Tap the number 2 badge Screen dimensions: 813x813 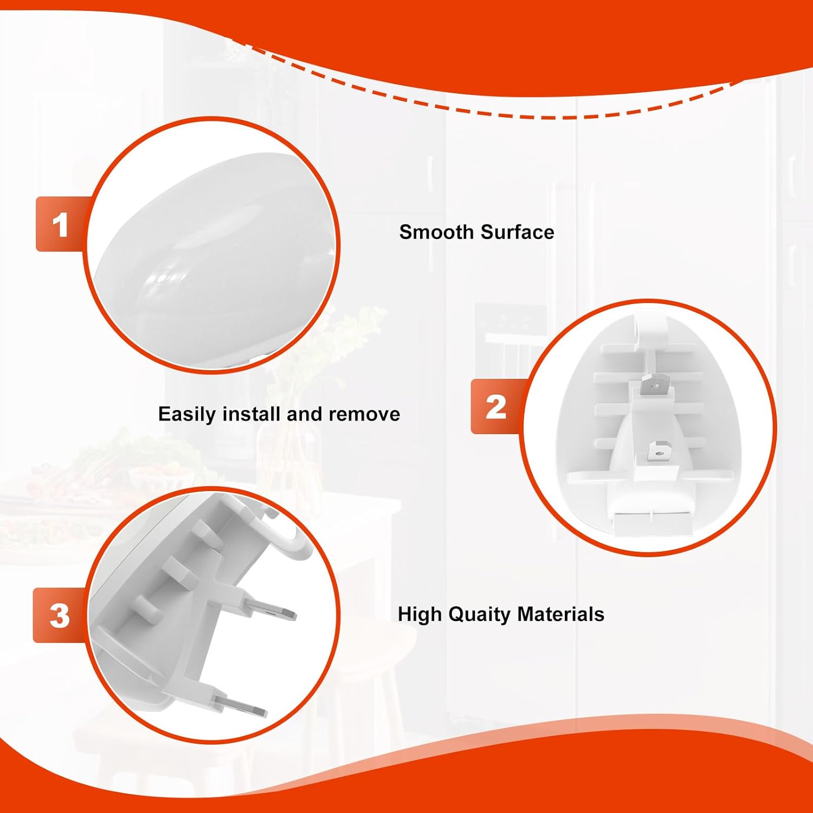495,406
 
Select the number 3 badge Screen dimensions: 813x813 59,616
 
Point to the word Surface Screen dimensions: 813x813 518,232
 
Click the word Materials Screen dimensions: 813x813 560,614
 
